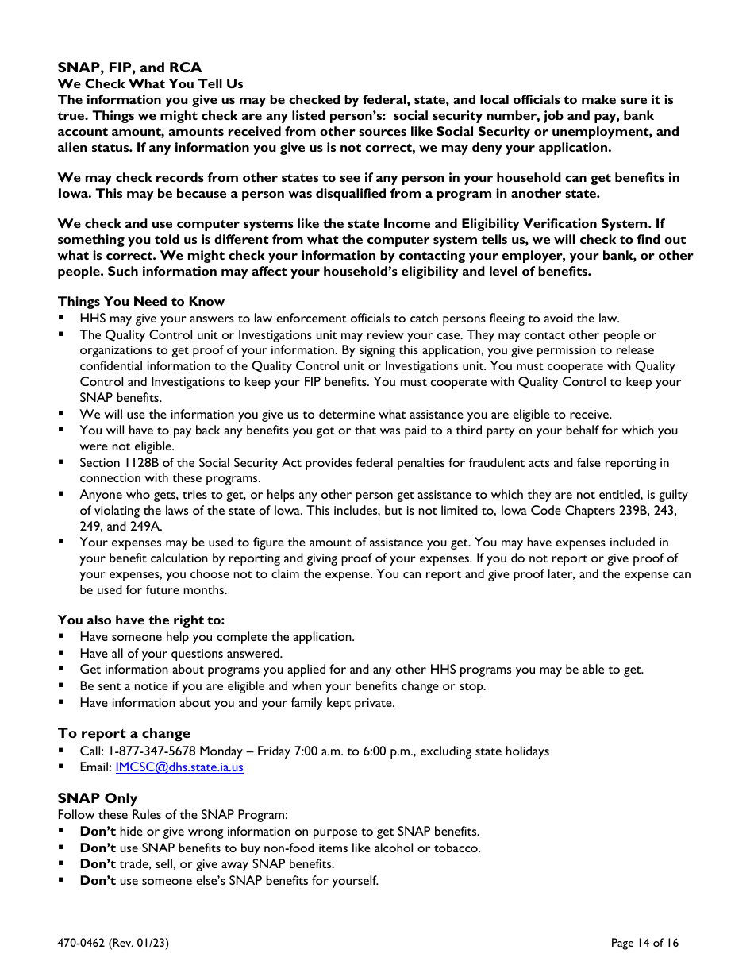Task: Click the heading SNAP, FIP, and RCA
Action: [129, 68]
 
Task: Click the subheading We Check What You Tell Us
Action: [150, 83]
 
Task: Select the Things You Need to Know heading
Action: [140, 301]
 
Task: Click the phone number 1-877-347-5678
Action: [152, 751]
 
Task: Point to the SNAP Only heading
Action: [97, 798]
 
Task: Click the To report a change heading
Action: [124, 733]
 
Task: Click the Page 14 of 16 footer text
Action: [644, 943]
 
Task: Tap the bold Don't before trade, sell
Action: [98, 864]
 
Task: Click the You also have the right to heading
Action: [140, 620]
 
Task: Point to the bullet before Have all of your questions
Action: [61, 654]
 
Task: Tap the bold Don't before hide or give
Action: [98, 832]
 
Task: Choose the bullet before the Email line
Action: [61, 767]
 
